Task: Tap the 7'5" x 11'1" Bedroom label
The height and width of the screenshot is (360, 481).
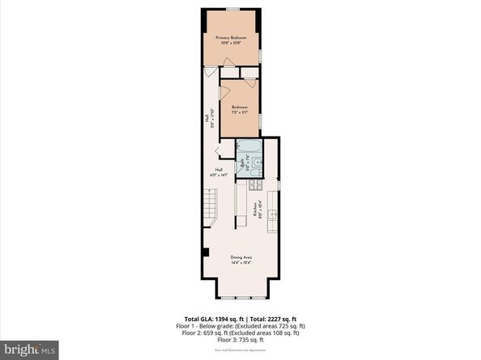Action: click(x=239, y=109)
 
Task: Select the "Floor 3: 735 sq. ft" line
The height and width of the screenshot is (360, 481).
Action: click(x=240, y=337)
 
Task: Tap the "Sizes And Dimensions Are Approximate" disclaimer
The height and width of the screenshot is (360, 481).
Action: click(x=240, y=350)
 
